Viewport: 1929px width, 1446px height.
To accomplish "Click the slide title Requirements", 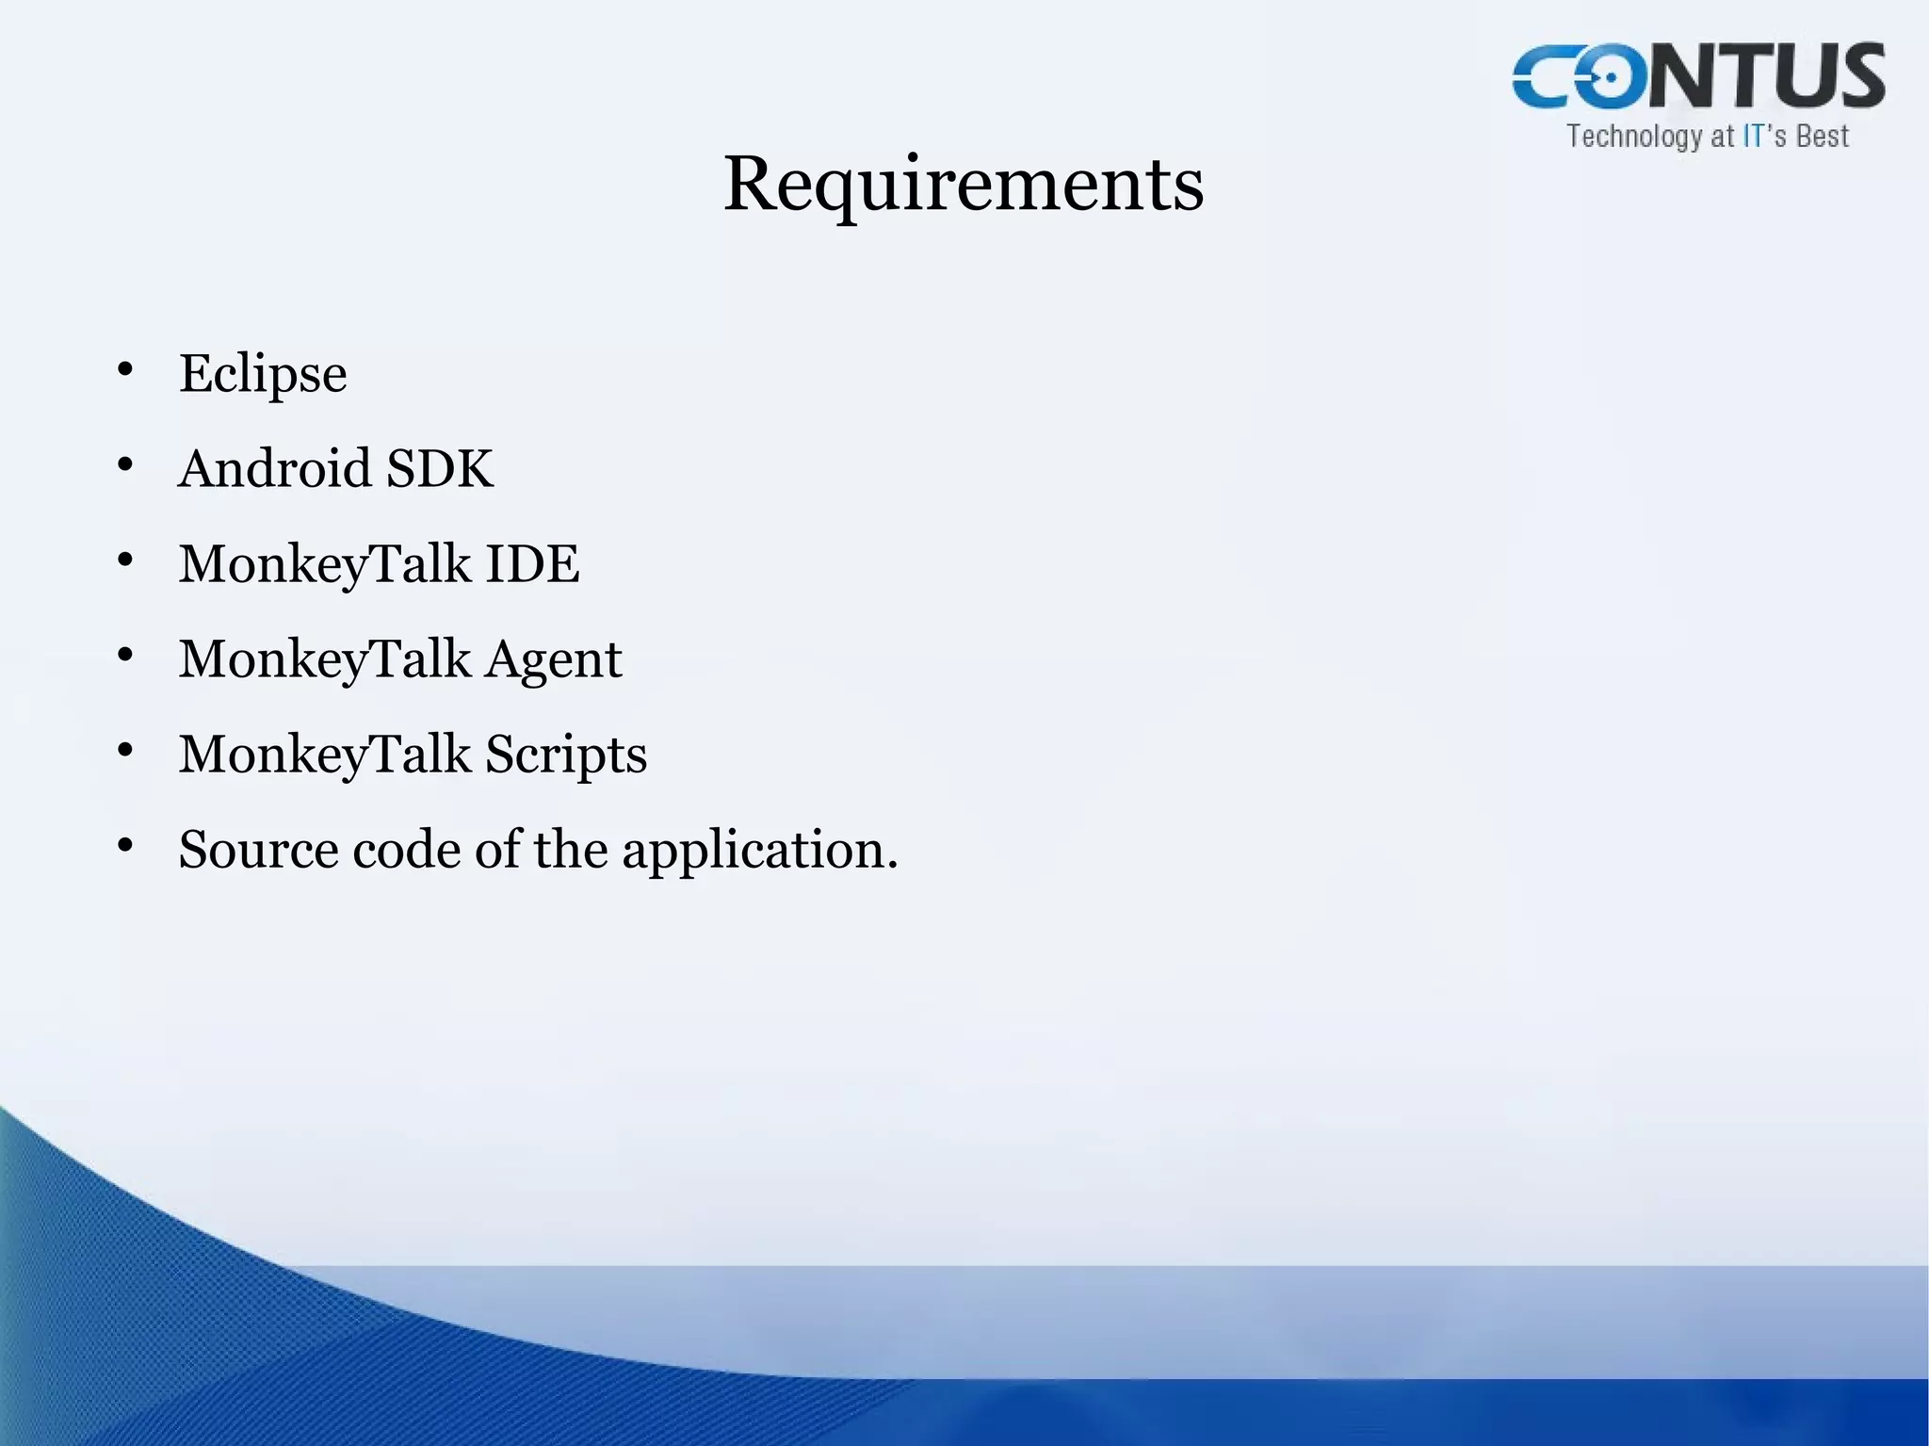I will point(963,184).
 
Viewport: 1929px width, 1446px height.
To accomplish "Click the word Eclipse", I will point(263,374).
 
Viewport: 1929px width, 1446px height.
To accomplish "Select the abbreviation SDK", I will point(439,468).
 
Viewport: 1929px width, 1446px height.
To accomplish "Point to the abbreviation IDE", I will point(532,563).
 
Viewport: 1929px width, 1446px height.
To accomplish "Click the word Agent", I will point(553,659).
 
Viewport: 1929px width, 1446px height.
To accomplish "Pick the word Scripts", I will point(566,755).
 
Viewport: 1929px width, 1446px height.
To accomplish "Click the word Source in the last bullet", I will point(258,850).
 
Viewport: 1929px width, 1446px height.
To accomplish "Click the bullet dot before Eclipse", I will point(125,369).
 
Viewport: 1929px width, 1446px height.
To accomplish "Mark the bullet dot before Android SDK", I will point(125,464).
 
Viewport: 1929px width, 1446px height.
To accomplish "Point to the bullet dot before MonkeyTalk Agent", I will point(125,655).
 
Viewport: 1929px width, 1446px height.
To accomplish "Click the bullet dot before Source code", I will point(125,845).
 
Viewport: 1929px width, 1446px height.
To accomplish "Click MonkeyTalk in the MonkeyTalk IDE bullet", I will point(325,565).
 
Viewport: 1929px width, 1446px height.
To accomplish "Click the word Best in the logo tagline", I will point(1823,137).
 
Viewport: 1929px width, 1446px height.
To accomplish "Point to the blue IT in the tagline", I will point(1753,137).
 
